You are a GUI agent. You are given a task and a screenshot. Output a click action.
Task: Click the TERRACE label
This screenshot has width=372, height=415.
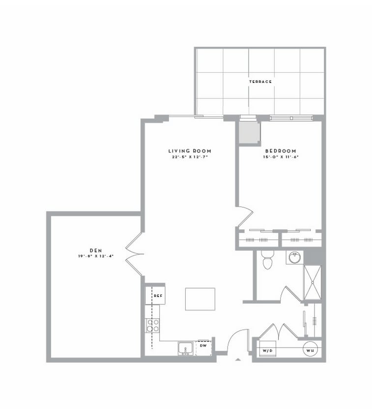pos(260,82)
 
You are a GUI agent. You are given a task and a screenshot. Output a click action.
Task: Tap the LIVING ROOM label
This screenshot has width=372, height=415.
pos(189,151)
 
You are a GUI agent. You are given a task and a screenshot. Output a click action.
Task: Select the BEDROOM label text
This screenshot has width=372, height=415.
pos(281,151)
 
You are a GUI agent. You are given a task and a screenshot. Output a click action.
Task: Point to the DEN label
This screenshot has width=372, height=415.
pos(95,250)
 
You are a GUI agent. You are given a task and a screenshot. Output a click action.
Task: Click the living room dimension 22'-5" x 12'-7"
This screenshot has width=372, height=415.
pos(189,157)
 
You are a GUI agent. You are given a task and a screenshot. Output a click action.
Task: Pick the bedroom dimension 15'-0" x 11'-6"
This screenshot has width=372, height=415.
pos(281,157)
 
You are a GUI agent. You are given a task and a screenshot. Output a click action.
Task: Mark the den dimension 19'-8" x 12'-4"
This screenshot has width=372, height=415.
pos(95,256)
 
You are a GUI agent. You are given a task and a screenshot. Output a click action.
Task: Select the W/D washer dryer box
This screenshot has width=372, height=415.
pos(267,350)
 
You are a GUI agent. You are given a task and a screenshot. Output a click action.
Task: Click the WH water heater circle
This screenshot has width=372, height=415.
pos(310,350)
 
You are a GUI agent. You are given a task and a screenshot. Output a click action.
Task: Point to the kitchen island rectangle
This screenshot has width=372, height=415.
pos(200,299)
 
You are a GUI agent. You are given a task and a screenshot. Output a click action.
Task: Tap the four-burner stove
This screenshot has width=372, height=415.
pos(153,326)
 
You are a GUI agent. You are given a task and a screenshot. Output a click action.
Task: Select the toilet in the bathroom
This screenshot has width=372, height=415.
pos(267,260)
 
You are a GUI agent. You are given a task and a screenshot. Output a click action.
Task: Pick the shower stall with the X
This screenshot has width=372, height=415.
pos(313,282)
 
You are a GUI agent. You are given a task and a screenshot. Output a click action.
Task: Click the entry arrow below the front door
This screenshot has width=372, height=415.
pos(238,360)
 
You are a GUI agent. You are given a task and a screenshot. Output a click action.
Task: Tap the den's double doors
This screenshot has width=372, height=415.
pos(134,254)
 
